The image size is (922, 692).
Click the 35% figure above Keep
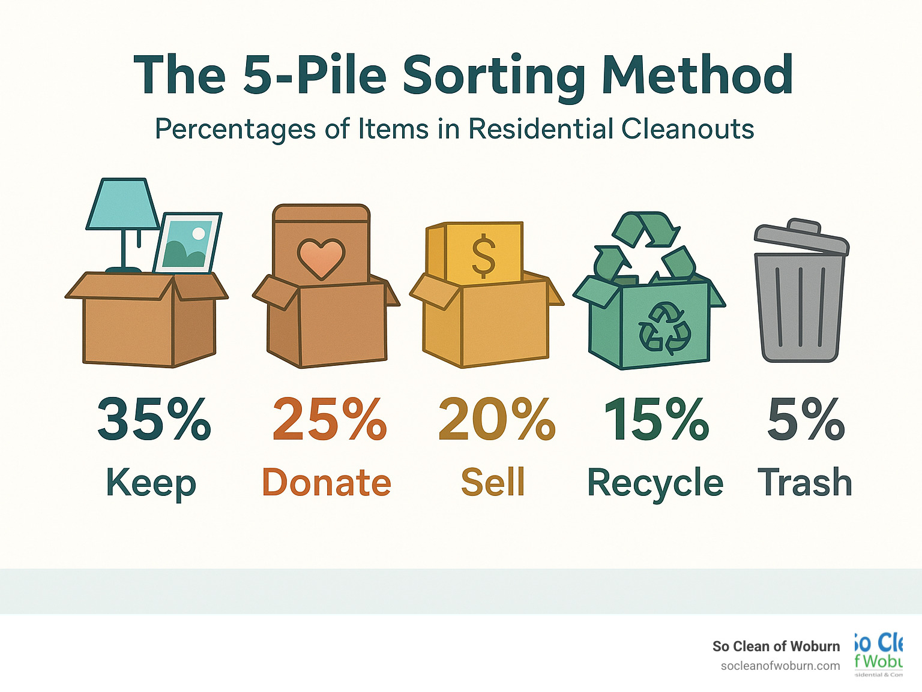point(154,419)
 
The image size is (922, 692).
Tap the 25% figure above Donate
point(330,419)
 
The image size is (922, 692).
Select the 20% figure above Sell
point(496,419)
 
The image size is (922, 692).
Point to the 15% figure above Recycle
point(657,419)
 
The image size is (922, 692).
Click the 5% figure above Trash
point(806,419)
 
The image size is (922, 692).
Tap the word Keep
point(151,483)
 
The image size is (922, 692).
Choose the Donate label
point(327,482)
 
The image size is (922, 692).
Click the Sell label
point(493,482)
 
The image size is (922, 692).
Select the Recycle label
point(655,483)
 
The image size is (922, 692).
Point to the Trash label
point(805,482)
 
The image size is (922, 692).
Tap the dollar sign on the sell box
point(483,257)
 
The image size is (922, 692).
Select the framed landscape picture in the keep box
point(188,243)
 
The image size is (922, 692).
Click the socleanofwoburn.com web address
point(780,666)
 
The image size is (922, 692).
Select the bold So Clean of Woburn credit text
point(776,646)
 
